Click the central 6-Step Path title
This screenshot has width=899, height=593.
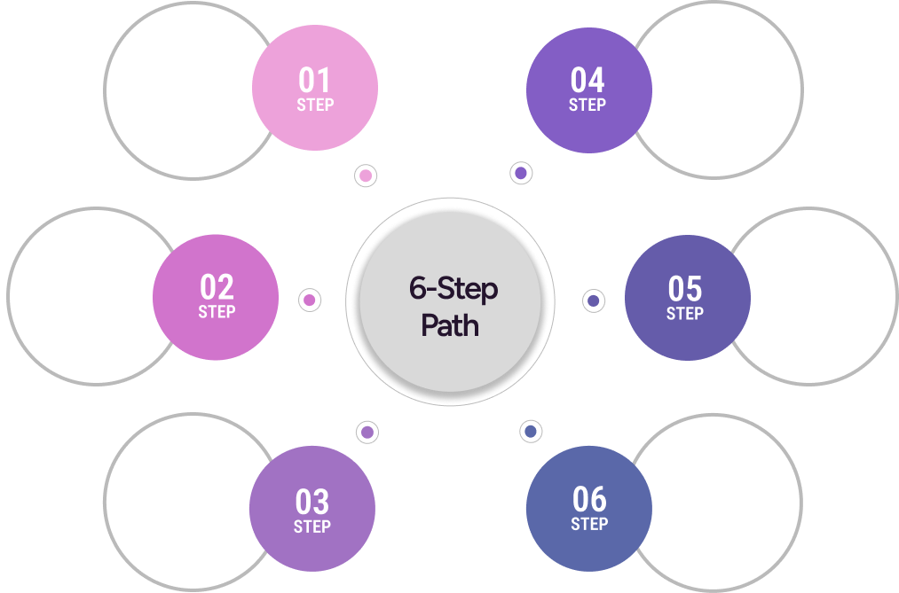click(453, 307)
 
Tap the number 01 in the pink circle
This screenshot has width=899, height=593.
click(314, 81)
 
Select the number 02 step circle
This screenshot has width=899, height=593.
click(217, 287)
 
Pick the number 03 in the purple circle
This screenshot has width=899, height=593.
click(312, 503)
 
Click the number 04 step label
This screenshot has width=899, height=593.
click(588, 81)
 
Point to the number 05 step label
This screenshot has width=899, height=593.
click(685, 289)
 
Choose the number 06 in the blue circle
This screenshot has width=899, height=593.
click(589, 499)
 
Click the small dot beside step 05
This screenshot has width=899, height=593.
click(593, 300)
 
